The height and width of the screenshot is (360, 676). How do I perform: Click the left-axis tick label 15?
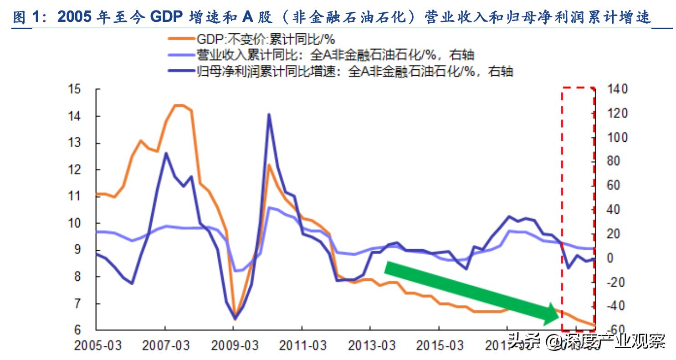tap(75, 89)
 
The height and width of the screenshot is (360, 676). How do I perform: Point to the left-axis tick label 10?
tap(75, 224)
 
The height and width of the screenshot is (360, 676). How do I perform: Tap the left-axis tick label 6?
tap(78, 329)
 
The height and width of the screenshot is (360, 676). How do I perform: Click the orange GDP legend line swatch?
tap(181, 39)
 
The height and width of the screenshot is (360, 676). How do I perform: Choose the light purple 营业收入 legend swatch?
tap(181, 55)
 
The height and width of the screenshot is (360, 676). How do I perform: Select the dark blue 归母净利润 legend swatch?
tap(181, 71)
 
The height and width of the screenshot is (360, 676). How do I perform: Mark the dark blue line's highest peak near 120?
tap(269, 114)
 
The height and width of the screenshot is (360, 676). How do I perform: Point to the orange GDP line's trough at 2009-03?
tap(235, 319)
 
